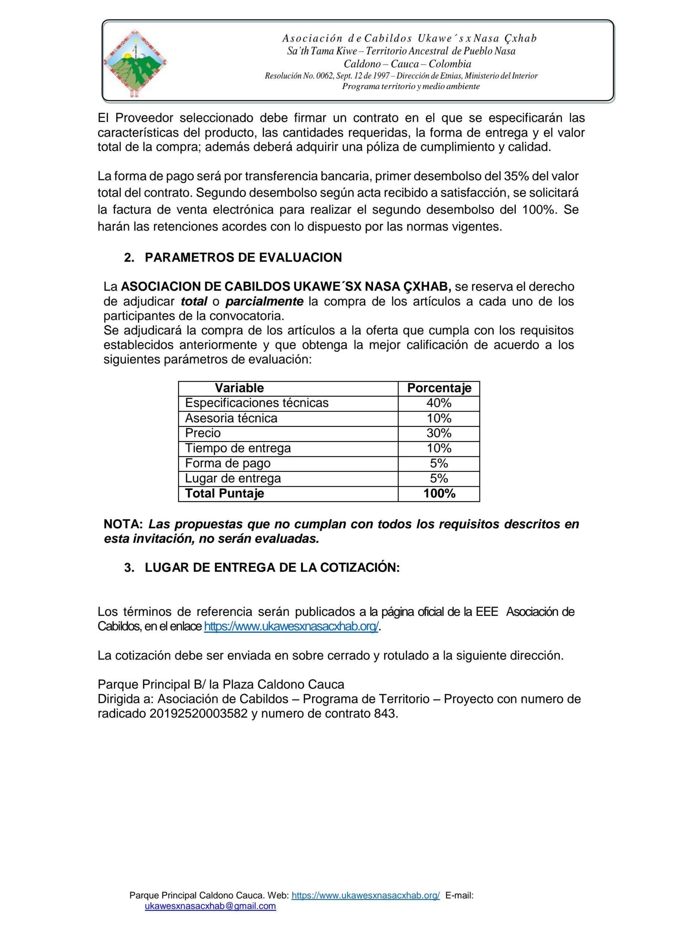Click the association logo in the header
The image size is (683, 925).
[x=135, y=63]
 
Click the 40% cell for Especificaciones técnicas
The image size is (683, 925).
[x=438, y=403]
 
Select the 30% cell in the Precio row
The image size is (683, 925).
[x=438, y=433]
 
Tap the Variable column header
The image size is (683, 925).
[x=239, y=388]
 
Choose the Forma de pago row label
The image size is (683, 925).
[x=228, y=463]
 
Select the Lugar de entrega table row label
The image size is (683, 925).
[x=233, y=478]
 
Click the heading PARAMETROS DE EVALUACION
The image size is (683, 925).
[x=243, y=258]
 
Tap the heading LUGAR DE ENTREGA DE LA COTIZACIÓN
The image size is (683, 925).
[x=272, y=568]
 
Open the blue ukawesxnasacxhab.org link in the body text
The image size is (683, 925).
[x=291, y=627]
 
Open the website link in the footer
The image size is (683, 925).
[x=366, y=896]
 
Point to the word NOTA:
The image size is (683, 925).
[x=123, y=524]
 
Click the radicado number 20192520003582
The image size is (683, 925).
[x=198, y=714]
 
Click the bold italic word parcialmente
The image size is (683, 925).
[x=264, y=301]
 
